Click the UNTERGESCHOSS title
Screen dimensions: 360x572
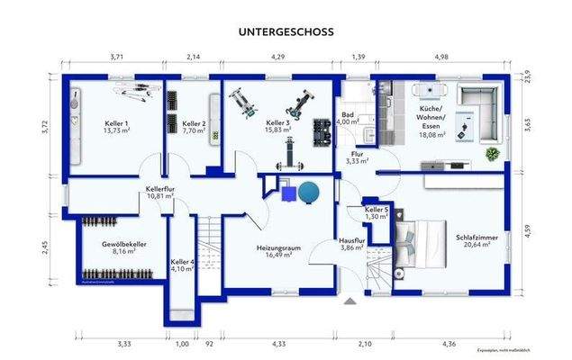pos(286,31)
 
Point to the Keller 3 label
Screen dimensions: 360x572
pos(277,124)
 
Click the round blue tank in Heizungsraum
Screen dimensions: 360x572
pos(309,192)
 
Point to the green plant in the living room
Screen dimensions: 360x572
pos(492,155)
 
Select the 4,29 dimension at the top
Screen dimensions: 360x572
pos(278,57)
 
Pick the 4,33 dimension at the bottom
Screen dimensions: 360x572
pos(278,343)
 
